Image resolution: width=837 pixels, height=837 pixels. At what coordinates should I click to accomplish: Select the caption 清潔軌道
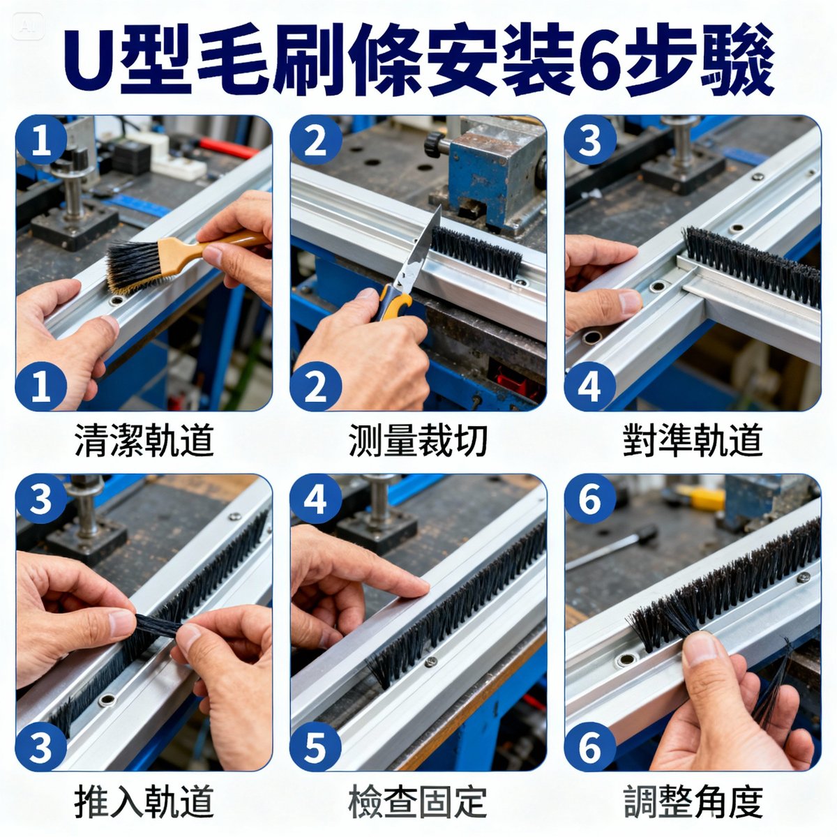[143, 441]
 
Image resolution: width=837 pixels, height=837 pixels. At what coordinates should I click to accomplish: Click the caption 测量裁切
[417, 441]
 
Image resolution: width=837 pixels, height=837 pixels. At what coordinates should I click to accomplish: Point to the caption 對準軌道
[692, 441]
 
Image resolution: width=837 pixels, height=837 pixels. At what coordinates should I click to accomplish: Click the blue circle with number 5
[315, 746]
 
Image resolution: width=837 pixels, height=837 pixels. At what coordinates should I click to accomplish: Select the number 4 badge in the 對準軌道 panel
[589, 386]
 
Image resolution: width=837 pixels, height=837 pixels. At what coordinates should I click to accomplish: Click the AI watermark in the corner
[29, 27]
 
